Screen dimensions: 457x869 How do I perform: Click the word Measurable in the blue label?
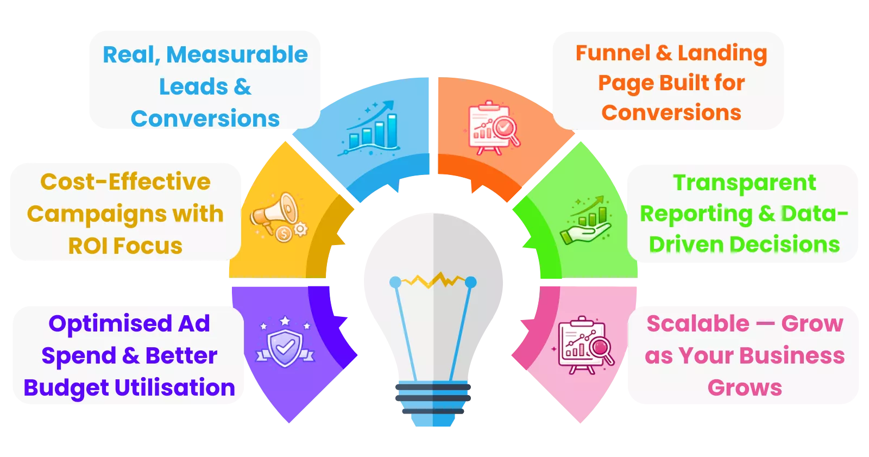coord(237,55)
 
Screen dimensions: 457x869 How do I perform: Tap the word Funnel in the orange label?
coord(613,53)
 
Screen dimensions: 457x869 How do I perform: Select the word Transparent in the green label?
coord(745,183)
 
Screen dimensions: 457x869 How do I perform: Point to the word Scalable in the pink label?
coord(698,324)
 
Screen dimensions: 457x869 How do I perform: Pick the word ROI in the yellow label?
coord(87,246)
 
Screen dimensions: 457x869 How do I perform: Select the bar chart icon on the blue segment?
coord(371,128)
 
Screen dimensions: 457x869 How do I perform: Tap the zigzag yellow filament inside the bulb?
coord(433,280)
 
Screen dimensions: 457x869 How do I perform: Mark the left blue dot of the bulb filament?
coord(395,282)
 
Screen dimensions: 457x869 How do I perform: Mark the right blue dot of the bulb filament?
coord(470,282)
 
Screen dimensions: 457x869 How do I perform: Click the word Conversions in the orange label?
coord(671,113)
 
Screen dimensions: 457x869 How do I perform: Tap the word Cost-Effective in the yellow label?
coord(125,182)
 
